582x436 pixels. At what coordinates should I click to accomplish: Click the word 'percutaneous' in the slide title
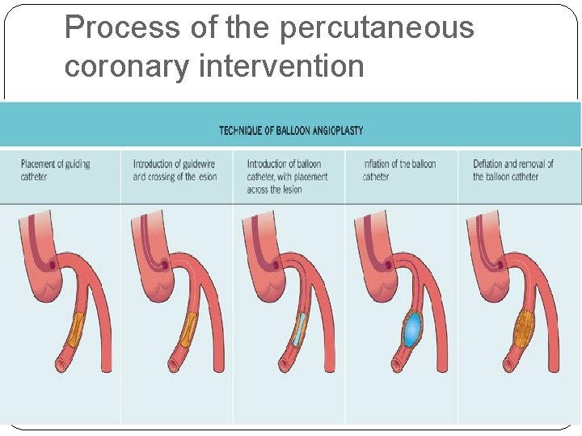click(377, 28)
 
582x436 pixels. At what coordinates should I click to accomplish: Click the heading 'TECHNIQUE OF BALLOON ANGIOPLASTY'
click(291, 130)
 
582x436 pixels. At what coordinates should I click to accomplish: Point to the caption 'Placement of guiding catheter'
click(55, 170)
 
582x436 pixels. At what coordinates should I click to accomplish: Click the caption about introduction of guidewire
click(175, 170)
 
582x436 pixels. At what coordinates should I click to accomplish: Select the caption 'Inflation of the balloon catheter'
click(399, 170)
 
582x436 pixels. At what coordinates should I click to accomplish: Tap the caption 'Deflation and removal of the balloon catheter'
click(513, 170)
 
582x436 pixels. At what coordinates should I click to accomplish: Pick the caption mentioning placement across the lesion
click(287, 176)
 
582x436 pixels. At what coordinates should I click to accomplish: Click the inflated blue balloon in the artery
click(413, 329)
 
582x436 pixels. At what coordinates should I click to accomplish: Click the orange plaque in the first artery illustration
click(76, 329)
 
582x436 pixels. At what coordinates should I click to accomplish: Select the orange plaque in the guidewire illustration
click(188, 329)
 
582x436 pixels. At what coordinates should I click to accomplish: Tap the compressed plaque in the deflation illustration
click(525, 329)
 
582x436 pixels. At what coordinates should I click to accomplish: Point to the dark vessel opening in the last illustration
click(500, 264)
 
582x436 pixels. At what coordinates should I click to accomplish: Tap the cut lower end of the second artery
click(171, 367)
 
